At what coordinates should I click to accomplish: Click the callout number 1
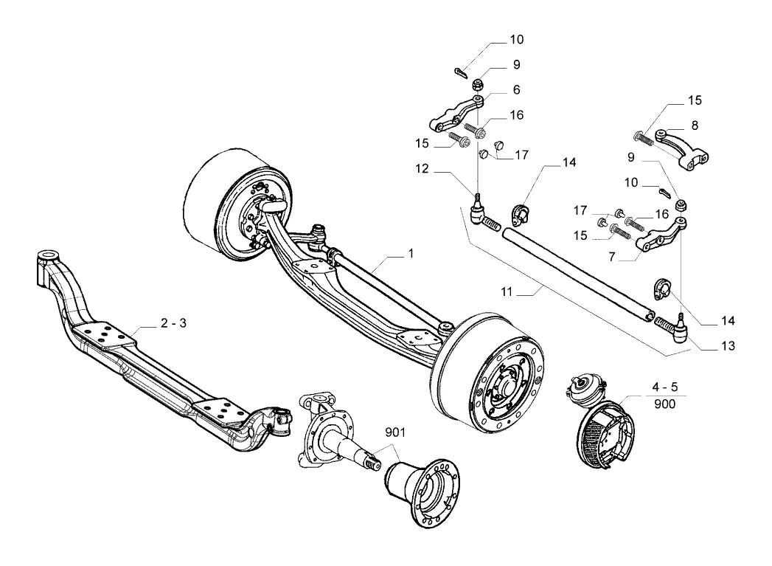pyautogui.click(x=411, y=253)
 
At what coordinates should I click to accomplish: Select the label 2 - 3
pyautogui.click(x=173, y=323)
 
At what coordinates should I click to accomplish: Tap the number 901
pyautogui.click(x=395, y=432)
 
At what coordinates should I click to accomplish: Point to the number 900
pyautogui.click(x=664, y=404)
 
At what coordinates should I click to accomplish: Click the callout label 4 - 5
pyautogui.click(x=664, y=387)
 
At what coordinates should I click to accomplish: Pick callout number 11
pyautogui.click(x=507, y=292)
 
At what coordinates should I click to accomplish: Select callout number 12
pyautogui.click(x=422, y=168)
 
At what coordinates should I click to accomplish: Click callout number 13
pyautogui.click(x=728, y=346)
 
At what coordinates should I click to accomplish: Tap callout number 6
pyautogui.click(x=516, y=89)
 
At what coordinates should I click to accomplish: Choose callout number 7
pyautogui.click(x=612, y=257)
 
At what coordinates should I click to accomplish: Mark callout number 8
pyautogui.click(x=695, y=125)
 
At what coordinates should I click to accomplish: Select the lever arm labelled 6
pyautogui.click(x=456, y=114)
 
